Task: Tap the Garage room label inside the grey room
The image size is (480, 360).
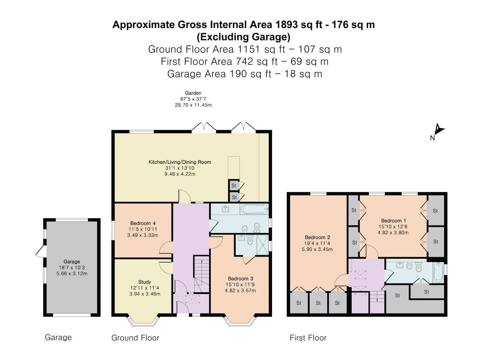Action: pyautogui.click(x=72, y=261)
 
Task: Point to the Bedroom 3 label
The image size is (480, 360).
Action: pyautogui.click(x=240, y=278)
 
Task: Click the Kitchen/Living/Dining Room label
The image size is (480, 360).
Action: pyautogui.click(x=180, y=162)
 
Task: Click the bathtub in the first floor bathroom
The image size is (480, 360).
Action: pyautogui.click(x=439, y=272)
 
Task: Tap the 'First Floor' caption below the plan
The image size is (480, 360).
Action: pyautogui.click(x=308, y=338)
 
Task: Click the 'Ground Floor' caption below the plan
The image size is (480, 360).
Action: pyautogui.click(x=135, y=338)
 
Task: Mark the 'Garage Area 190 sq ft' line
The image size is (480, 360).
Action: pyautogui.click(x=244, y=74)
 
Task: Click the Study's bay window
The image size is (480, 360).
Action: pyautogui.click(x=143, y=320)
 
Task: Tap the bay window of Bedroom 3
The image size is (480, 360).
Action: pyautogui.click(x=240, y=320)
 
